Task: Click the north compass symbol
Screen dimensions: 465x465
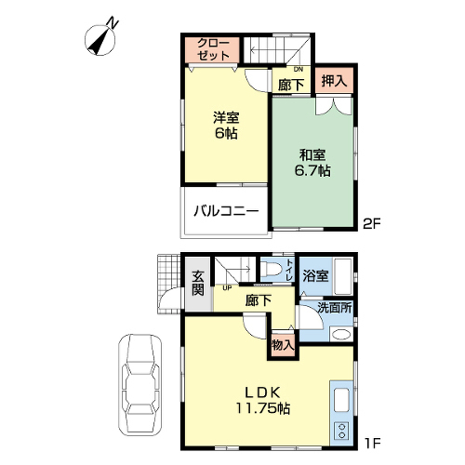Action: tap(100, 39)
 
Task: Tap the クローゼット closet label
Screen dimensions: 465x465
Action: tap(214, 49)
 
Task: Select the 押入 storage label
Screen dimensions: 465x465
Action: tap(334, 81)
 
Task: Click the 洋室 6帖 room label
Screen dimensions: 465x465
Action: tap(226, 126)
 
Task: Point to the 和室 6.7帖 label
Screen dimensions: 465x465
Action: tap(312, 163)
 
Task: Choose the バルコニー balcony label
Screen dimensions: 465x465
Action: tap(226, 211)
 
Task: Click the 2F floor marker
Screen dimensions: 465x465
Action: tap(371, 224)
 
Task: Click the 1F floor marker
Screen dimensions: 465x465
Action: tap(372, 444)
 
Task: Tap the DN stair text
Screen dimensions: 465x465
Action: tap(299, 70)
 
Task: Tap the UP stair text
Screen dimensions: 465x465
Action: tap(227, 288)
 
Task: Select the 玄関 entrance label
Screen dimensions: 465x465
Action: tap(198, 283)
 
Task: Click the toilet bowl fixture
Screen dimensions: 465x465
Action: tap(271, 268)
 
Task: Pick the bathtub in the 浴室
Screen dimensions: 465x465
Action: tap(342, 276)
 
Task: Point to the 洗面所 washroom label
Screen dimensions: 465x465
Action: tap(334, 308)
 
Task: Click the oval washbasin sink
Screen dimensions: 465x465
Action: tap(340, 335)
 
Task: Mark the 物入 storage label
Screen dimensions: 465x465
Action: tap(283, 344)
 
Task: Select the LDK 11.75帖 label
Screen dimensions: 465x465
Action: tap(263, 400)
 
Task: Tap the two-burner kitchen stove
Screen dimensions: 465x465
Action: tap(341, 432)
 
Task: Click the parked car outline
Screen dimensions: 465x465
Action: tap(140, 385)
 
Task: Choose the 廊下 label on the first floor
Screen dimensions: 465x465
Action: tap(259, 300)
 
